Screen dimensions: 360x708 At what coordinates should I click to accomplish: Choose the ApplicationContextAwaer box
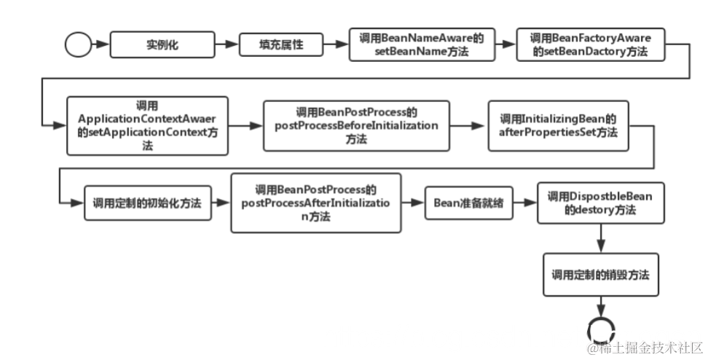[x=147, y=125]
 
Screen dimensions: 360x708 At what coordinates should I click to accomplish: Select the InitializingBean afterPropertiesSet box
[x=558, y=125]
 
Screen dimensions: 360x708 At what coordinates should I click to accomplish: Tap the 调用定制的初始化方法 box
[x=146, y=203]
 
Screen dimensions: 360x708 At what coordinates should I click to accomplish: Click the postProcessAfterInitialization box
[x=315, y=203]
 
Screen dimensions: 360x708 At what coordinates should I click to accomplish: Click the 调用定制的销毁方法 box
[x=600, y=275]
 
